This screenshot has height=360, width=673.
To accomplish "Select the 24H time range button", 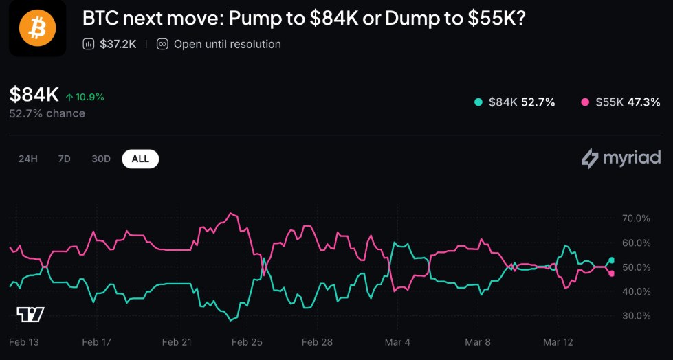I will click(x=28, y=159).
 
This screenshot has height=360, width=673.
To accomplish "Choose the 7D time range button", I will click(x=64, y=159).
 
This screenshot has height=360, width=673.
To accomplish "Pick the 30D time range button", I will click(x=101, y=159).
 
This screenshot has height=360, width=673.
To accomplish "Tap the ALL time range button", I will click(x=140, y=159).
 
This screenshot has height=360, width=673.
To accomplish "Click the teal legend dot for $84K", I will click(x=478, y=102).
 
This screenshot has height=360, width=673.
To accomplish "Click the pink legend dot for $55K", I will click(x=585, y=102).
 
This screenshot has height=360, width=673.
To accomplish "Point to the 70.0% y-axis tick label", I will click(x=635, y=218).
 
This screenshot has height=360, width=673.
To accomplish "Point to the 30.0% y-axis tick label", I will click(x=635, y=316).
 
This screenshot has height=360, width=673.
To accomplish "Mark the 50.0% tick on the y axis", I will click(x=635, y=267).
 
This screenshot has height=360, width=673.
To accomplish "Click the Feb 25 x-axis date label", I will click(x=247, y=341).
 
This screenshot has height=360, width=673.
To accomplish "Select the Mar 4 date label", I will click(x=397, y=341).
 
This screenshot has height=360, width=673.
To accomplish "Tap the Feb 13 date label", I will click(x=25, y=341).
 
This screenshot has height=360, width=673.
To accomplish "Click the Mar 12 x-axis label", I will click(x=558, y=341).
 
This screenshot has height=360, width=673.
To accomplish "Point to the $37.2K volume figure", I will click(x=118, y=44).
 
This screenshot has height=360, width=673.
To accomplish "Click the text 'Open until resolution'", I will click(x=227, y=44).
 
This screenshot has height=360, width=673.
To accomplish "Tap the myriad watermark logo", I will click(x=621, y=159).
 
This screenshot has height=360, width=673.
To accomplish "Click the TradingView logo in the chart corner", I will click(x=30, y=315).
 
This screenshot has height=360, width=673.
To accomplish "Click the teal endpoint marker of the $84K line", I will click(x=612, y=260).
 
